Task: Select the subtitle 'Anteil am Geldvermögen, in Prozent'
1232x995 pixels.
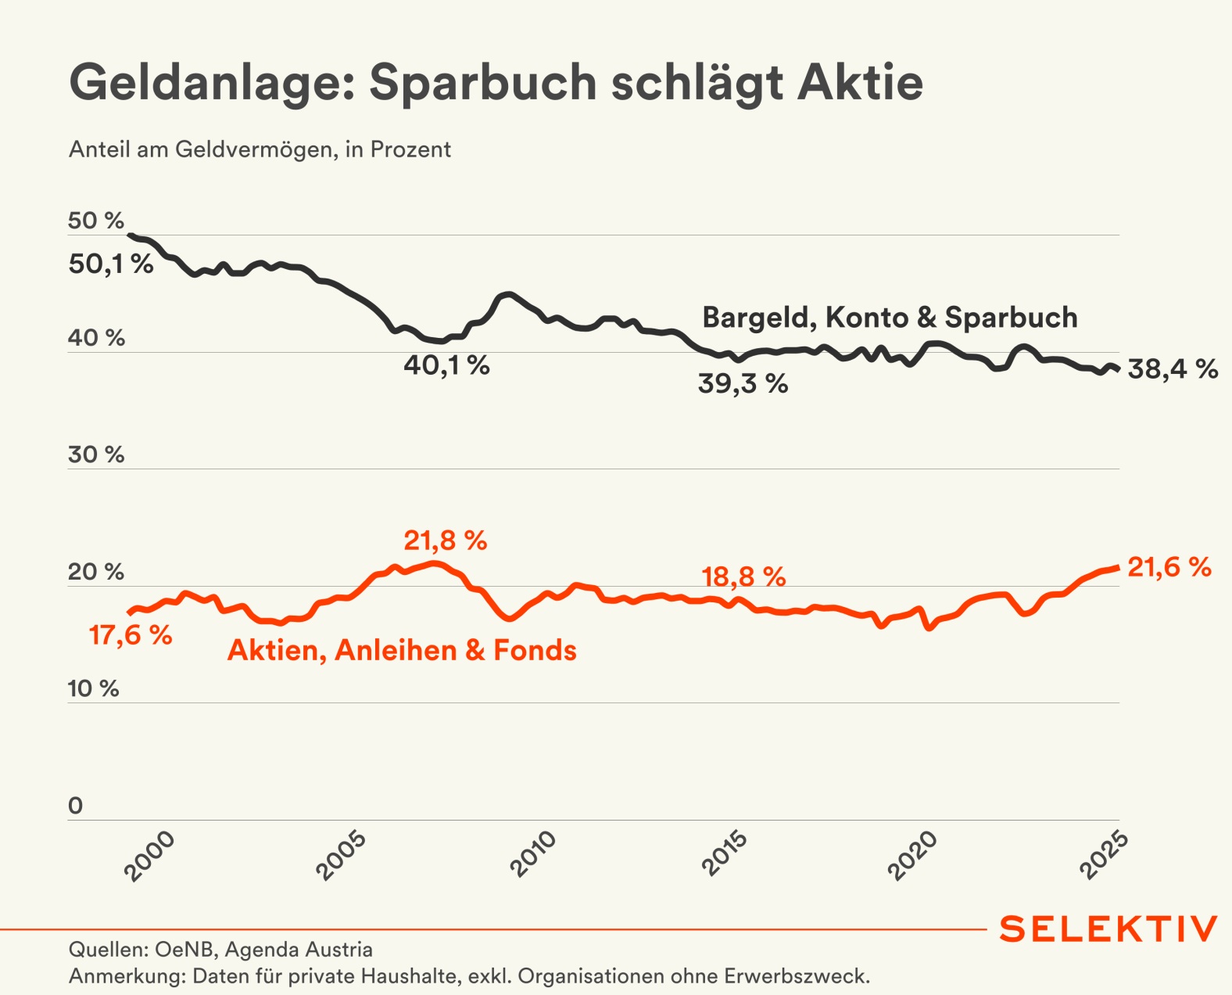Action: pyautogui.click(x=260, y=149)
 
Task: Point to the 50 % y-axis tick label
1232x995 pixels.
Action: pyautogui.click(x=96, y=221)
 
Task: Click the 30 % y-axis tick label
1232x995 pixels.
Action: pyautogui.click(x=96, y=454)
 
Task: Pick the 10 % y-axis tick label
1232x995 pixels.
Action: pyautogui.click(x=94, y=689)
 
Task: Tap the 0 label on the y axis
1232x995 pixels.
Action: pyautogui.click(x=76, y=806)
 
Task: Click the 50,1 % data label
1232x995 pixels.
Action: pyautogui.click(x=111, y=264)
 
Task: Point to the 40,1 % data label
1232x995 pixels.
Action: pyautogui.click(x=446, y=365)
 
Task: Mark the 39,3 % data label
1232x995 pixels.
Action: pyautogui.click(x=743, y=384)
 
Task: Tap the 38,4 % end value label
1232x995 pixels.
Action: pyautogui.click(x=1173, y=369)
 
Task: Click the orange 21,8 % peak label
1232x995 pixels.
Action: pyautogui.click(x=446, y=541)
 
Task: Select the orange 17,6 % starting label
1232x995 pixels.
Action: pyautogui.click(x=131, y=635)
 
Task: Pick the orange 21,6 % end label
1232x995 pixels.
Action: pyautogui.click(x=1169, y=567)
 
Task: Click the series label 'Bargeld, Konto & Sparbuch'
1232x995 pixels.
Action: pyautogui.click(x=890, y=318)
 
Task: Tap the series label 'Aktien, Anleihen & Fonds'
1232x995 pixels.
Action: pyautogui.click(x=402, y=651)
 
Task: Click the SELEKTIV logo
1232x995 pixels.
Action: pyautogui.click(x=1108, y=929)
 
